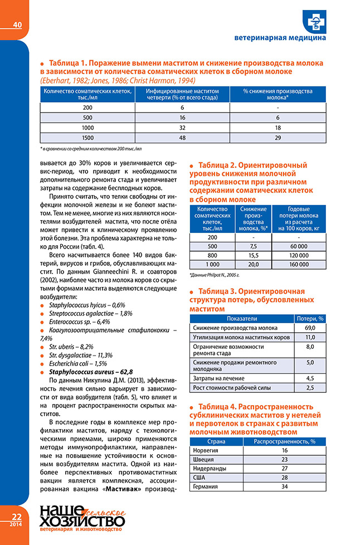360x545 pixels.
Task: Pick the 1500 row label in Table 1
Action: pyautogui.click(x=87, y=138)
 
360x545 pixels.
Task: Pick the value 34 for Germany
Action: pyautogui.click(x=284, y=487)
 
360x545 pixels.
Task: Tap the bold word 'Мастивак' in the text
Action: pyautogui.click(x=139, y=489)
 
